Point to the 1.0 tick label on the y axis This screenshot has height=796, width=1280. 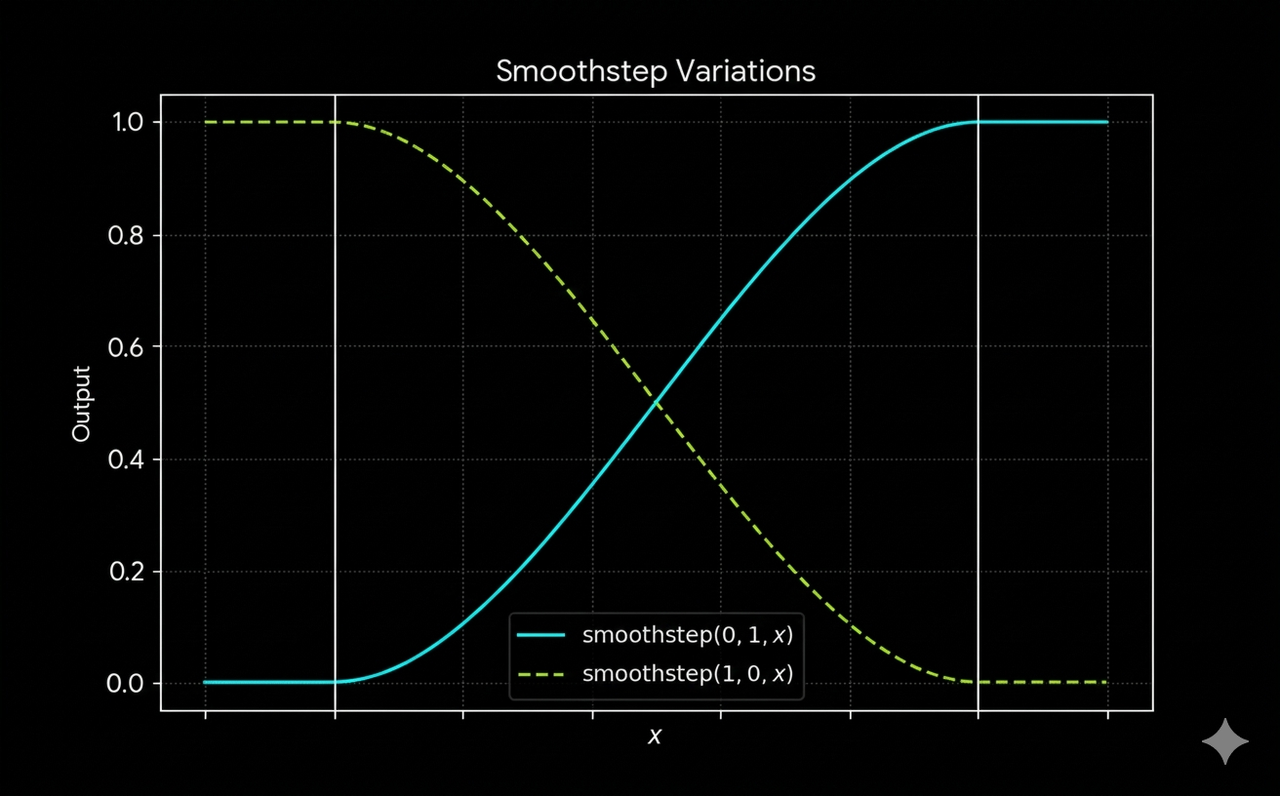128,123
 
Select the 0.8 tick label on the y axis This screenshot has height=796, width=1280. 128,235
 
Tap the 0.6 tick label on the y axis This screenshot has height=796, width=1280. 128,347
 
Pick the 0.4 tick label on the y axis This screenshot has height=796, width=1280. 128,459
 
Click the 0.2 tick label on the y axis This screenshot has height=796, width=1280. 128,572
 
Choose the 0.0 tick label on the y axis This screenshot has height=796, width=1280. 128,683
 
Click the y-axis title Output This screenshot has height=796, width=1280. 82,403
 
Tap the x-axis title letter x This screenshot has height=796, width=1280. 655,736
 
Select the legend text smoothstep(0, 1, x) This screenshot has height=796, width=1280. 687,636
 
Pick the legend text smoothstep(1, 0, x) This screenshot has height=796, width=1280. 687,673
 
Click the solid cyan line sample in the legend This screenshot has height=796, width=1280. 541,636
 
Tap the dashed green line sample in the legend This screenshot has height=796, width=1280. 541,673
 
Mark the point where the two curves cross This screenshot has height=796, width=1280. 657,403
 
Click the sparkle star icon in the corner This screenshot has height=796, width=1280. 1224,742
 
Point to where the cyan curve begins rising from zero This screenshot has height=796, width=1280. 336,682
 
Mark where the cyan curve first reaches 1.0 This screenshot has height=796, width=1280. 977,122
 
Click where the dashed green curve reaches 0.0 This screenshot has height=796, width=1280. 977,682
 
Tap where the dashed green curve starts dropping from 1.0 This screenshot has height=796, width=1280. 336,122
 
